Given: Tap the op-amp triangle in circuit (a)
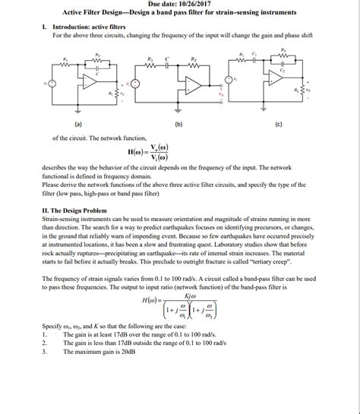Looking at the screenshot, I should point(91,81).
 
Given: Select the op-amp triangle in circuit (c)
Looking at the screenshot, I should point(274,77).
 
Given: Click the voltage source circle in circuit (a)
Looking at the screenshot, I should point(52,84).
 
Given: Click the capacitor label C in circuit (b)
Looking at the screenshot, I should point(167,58).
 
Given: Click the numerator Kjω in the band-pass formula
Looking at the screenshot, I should point(179,296).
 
